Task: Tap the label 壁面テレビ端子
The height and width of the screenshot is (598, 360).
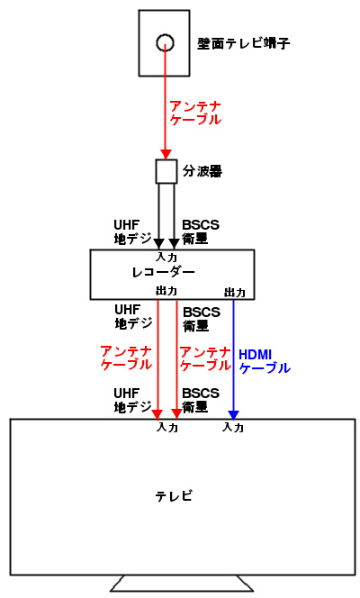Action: pyautogui.click(x=243, y=43)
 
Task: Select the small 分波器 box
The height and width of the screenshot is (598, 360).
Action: pyautogui.click(x=166, y=172)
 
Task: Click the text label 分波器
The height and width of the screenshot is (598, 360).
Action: pyautogui.click(x=202, y=171)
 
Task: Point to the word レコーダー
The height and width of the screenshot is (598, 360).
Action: pyautogui.click(x=164, y=272)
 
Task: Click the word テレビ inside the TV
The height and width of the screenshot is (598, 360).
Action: pyautogui.click(x=174, y=496)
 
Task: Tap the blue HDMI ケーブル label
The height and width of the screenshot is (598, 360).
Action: pyautogui.click(x=265, y=361)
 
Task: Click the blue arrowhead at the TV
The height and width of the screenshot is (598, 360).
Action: pyautogui.click(x=233, y=415)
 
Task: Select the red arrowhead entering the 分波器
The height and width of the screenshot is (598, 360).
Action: pyautogui.click(x=166, y=155)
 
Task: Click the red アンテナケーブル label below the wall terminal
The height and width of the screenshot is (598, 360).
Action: pyautogui.click(x=195, y=113)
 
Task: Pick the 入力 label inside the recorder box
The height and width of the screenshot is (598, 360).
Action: pyautogui.click(x=166, y=257)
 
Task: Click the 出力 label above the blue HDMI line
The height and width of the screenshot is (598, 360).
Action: pyautogui.click(x=234, y=293)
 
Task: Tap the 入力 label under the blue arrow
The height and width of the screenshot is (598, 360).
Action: pyautogui.click(x=233, y=427)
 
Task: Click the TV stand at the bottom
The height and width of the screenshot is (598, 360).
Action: pyautogui.click(x=182, y=584)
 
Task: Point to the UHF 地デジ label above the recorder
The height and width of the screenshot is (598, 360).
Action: pyautogui.click(x=133, y=231)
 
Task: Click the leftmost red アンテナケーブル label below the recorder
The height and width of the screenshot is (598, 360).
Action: pyautogui.click(x=126, y=358)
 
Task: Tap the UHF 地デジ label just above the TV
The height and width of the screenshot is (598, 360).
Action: pyautogui.click(x=133, y=401)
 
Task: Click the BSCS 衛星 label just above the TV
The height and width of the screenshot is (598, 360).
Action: pyautogui.click(x=201, y=401)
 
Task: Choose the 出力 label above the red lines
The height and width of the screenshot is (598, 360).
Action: pyautogui.click(x=166, y=291)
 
